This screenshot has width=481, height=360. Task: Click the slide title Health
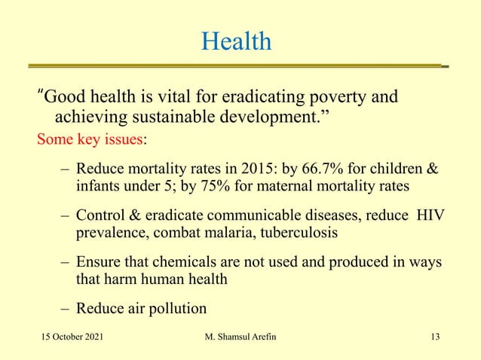pyautogui.click(x=236, y=41)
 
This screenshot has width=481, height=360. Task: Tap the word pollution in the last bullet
pyautogui.click(x=176, y=308)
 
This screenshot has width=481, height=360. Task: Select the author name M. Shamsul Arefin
pyautogui.click(x=240, y=336)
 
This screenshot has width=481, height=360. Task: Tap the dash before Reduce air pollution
pyautogui.click(x=66, y=308)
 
